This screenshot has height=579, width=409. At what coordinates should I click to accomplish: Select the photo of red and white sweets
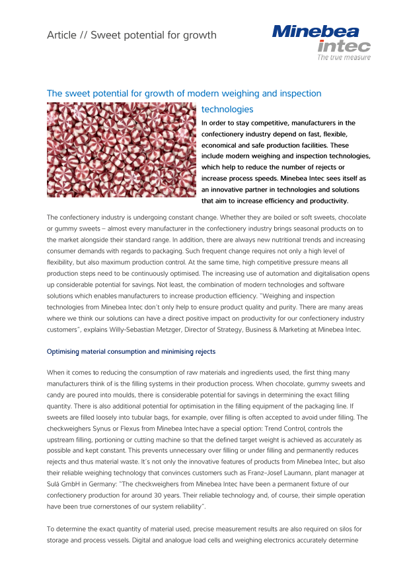(122, 150)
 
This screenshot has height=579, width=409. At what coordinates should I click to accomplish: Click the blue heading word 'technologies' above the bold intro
(227, 110)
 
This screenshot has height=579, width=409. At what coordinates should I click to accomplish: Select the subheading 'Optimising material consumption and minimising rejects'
(131, 351)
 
